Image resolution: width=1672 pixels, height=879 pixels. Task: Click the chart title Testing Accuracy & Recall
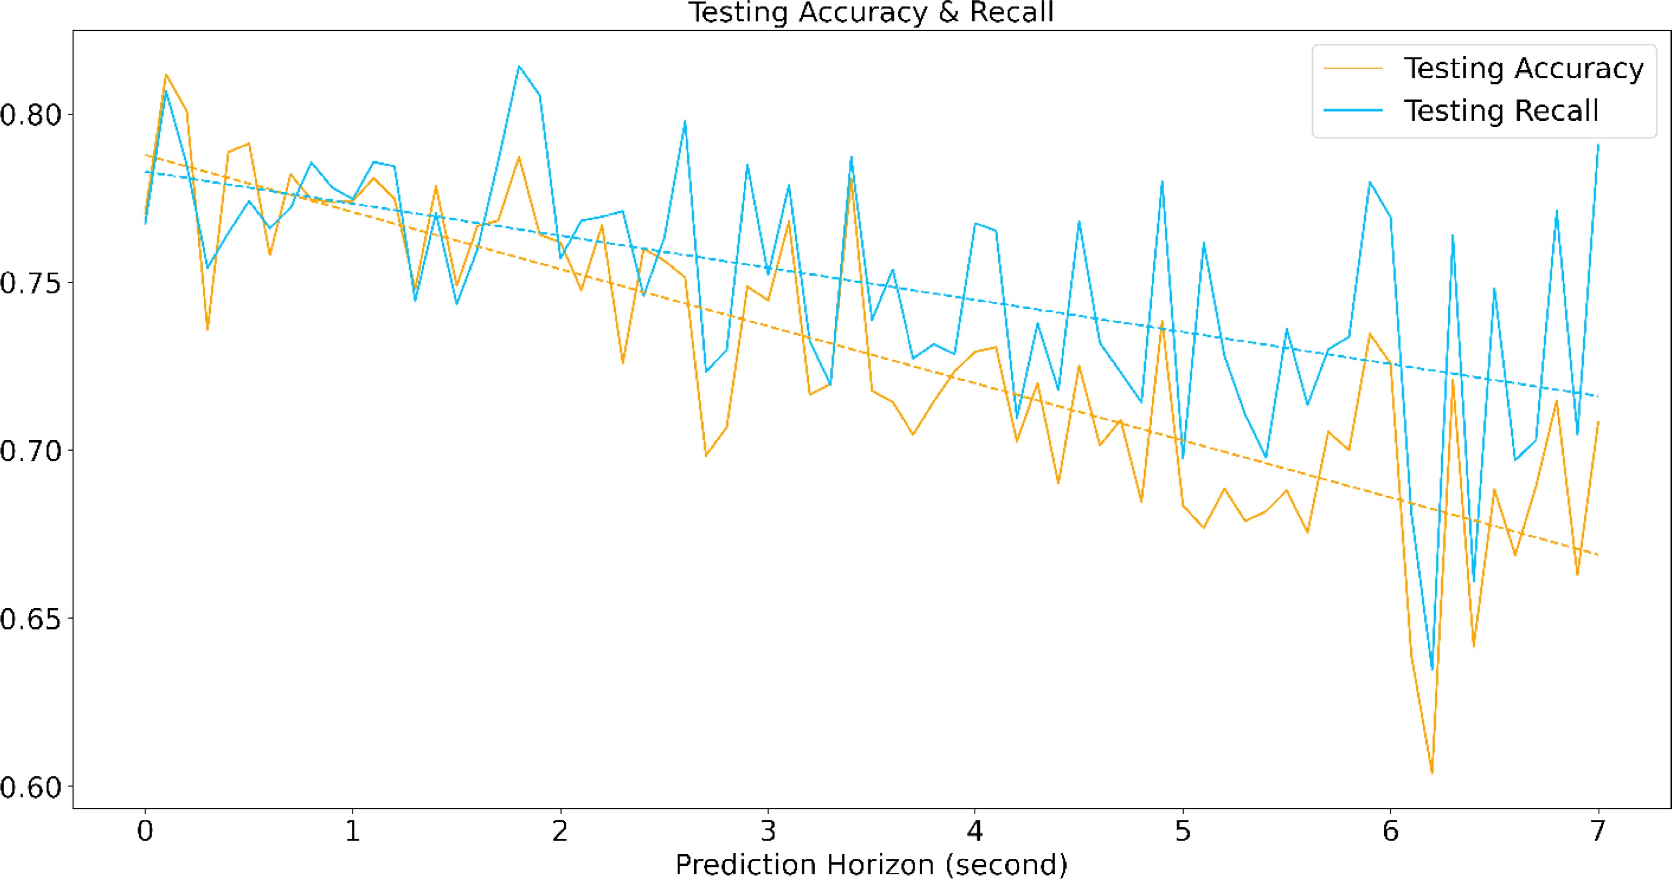pos(871,13)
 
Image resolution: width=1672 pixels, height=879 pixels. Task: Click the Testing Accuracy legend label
pos(1523,69)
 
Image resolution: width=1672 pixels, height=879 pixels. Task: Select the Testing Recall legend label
pos(1501,111)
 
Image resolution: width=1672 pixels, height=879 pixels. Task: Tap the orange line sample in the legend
pos(1353,69)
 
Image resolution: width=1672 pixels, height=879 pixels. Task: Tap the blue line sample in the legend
pos(1353,111)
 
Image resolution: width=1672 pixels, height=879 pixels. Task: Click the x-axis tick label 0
pos(145,831)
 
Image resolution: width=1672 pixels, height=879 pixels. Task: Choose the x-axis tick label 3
pos(768,831)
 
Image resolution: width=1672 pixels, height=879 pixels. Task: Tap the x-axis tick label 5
pos(1183,831)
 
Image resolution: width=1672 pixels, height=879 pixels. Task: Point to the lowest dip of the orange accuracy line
pos(1432,772)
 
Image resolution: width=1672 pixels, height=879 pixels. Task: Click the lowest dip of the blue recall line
pos(1432,669)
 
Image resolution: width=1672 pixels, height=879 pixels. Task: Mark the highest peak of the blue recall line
pos(519,66)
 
